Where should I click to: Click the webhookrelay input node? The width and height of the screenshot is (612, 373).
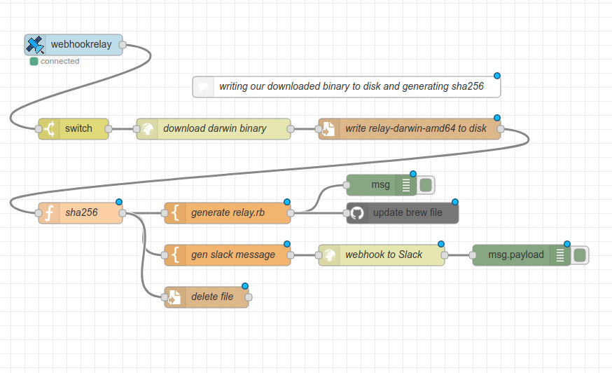(80, 45)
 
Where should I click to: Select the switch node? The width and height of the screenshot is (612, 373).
(78, 129)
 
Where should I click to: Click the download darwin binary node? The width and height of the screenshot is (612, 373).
(214, 129)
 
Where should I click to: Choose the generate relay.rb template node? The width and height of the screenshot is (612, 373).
(228, 213)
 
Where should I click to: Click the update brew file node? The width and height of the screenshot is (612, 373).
(407, 213)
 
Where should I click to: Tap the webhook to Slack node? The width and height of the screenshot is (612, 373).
(383, 255)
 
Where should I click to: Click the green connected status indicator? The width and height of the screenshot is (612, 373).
(34, 62)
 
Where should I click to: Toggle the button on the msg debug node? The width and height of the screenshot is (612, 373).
(426, 185)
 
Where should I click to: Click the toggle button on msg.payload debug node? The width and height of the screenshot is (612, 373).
(580, 255)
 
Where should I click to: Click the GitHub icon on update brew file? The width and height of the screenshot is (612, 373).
(357, 213)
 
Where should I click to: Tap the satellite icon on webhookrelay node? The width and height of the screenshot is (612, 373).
(35, 45)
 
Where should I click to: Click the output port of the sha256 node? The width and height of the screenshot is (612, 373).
(123, 213)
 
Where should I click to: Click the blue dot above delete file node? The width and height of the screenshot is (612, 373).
(245, 286)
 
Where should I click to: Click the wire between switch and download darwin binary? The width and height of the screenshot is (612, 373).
(123, 129)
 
